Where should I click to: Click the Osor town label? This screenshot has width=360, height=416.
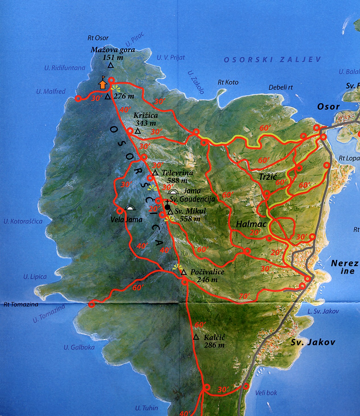[328, 107]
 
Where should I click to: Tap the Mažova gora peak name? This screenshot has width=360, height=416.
[113, 50]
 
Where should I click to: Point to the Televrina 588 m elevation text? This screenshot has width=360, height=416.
[177, 180]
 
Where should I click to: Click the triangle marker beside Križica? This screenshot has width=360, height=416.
[138, 131]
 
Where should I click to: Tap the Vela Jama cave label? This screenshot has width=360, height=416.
[127, 219]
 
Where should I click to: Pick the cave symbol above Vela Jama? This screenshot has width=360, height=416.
[130, 208]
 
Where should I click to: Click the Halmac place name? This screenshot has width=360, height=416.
[251, 224]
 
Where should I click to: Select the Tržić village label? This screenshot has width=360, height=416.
[268, 177]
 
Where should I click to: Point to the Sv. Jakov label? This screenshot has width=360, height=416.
[313, 342]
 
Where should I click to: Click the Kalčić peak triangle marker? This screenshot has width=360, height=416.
[196, 337]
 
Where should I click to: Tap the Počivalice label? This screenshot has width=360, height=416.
[207, 272]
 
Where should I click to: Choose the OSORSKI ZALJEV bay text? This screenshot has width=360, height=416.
[272, 60]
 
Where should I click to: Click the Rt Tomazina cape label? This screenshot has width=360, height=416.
[21, 304]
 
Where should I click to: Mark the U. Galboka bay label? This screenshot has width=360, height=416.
[79, 347]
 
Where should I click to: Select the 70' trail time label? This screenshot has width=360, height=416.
[244, 296]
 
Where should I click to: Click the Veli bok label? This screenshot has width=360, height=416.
[266, 393]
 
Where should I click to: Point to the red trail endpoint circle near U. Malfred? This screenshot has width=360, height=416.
[78, 98]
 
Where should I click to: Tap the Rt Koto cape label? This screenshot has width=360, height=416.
[228, 82]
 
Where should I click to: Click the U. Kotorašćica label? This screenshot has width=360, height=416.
[23, 221]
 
